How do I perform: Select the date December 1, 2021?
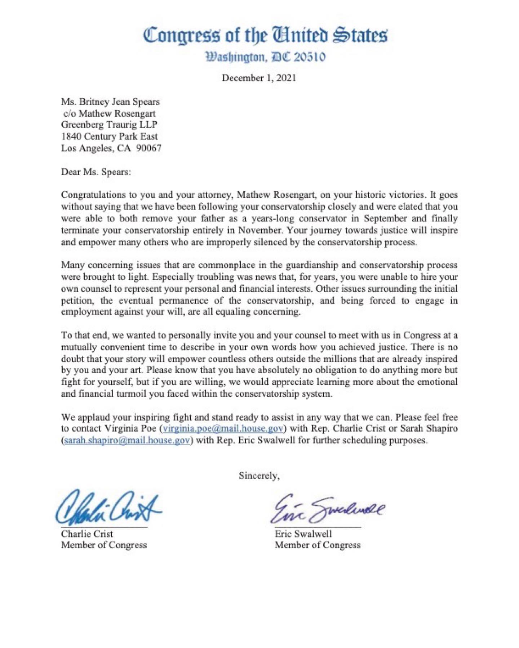click(259, 78)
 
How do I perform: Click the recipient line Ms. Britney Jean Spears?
click(110, 102)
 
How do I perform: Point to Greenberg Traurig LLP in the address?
click(109, 125)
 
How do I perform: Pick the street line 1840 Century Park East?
click(109, 136)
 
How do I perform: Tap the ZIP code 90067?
click(149, 148)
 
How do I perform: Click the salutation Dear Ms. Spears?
click(96, 172)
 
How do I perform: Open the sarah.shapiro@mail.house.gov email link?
click(127, 440)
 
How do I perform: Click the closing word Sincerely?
click(259, 476)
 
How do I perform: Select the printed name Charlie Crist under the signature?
click(87, 534)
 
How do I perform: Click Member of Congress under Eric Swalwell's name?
click(317, 545)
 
